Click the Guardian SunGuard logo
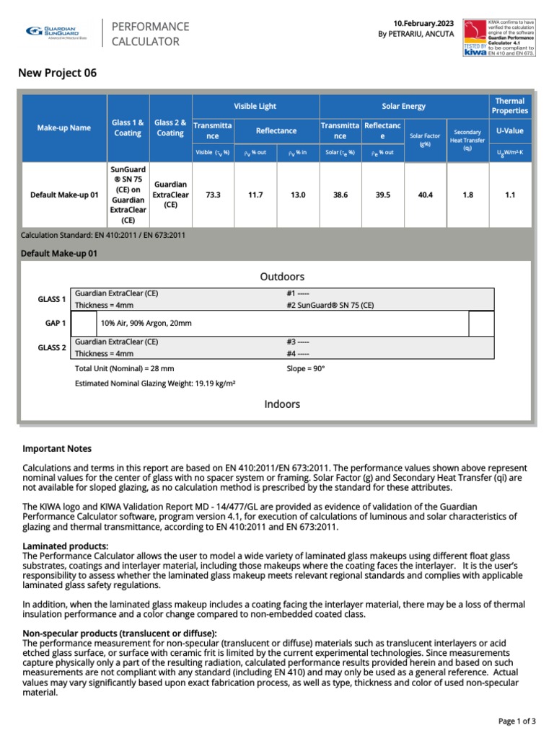click(56, 32)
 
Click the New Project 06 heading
click(57, 73)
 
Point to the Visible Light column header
click(255, 106)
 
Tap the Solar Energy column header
click(403, 106)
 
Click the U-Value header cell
click(509, 130)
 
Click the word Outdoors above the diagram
click(282, 277)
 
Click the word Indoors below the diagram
click(282, 404)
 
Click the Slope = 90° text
click(306, 368)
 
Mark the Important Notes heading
click(57, 448)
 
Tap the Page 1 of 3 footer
click(517, 721)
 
